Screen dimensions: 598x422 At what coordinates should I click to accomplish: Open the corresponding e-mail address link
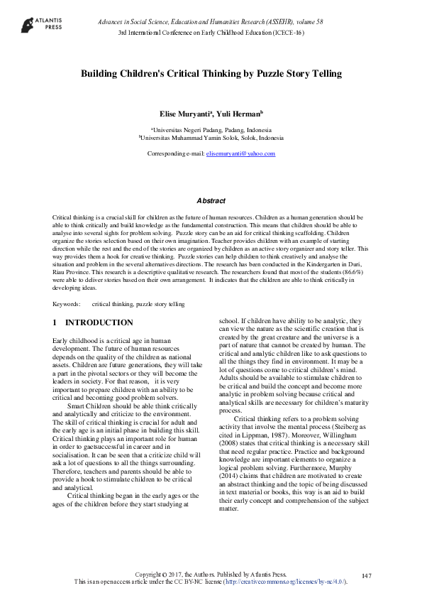[x=240, y=153]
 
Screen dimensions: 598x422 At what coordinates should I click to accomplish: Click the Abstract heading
[x=211, y=201]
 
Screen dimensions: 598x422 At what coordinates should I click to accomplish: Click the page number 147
[x=367, y=575]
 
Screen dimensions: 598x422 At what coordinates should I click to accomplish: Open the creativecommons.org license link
[x=284, y=582]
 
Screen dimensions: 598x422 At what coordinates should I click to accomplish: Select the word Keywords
[x=66, y=304]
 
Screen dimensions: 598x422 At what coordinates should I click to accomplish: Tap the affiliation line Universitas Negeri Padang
[x=211, y=131]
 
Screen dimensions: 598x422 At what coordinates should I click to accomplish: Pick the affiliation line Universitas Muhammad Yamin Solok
[x=211, y=138]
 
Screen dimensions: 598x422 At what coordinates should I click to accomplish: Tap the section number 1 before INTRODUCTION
[x=55, y=322]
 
